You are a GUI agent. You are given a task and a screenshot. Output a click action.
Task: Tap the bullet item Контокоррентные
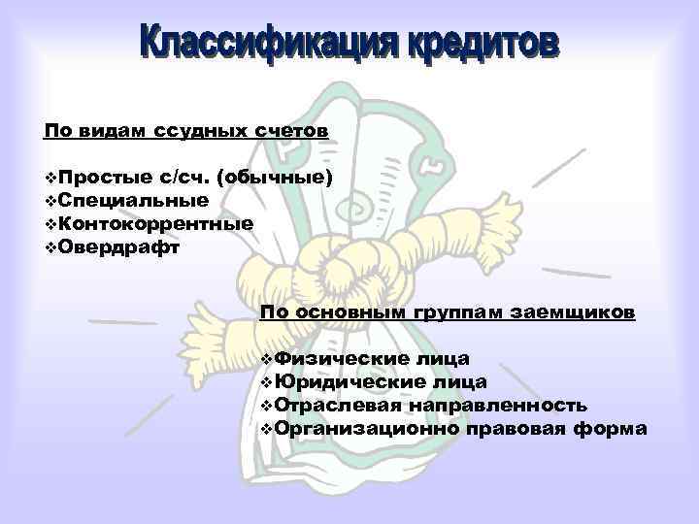pos(156,222)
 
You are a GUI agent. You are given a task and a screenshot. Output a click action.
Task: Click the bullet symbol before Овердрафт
pos(50,246)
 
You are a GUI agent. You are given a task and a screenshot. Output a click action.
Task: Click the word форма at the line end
pos(613,428)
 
